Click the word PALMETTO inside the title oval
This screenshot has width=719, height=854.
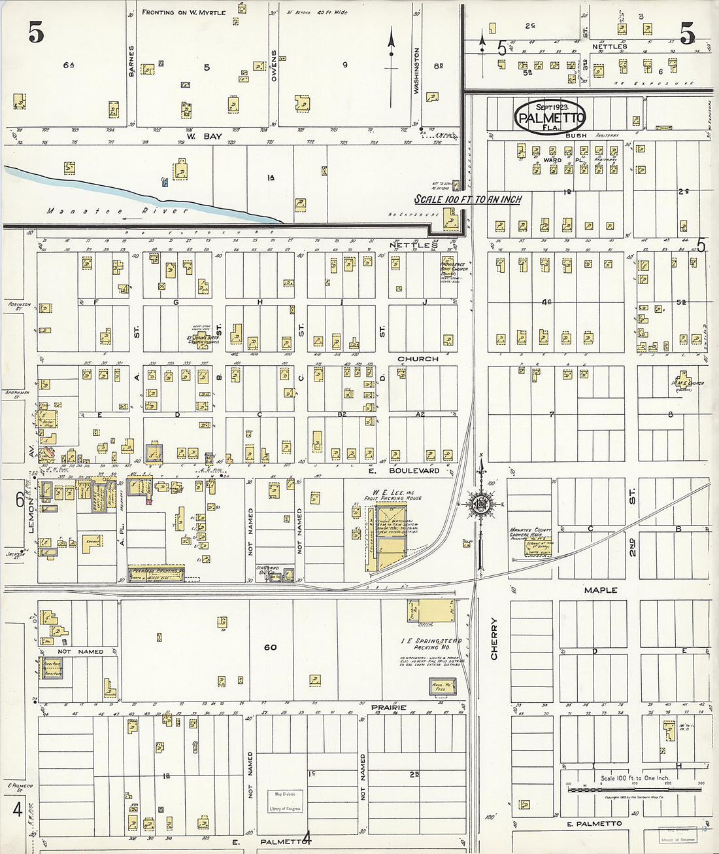[549, 118]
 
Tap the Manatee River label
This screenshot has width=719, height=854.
[117, 211]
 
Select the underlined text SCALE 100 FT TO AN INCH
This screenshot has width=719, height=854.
[468, 199]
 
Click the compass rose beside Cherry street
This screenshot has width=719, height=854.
[481, 504]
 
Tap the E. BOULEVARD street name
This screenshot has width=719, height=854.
[404, 471]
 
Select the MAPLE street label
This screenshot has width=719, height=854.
[600, 590]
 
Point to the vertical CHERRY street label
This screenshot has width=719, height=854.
[494, 638]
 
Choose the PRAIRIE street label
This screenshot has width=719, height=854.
[389, 707]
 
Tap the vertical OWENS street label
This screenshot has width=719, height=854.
[274, 66]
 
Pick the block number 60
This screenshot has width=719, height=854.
[270, 647]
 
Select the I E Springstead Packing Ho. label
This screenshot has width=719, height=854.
[431, 644]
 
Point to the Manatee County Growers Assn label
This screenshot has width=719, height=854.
[531, 533]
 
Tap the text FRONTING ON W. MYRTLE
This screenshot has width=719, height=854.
[184, 12]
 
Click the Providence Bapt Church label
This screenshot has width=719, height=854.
[453, 266]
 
